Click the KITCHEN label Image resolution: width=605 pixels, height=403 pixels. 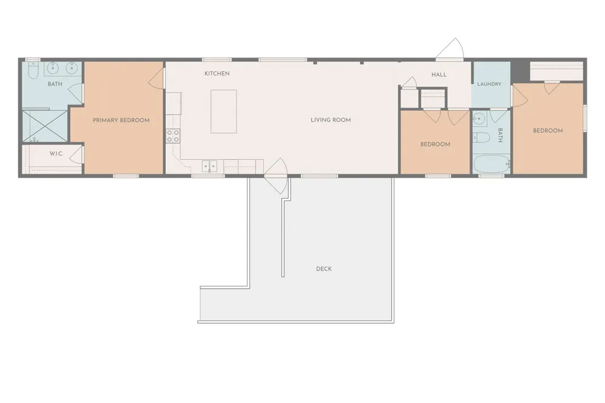[x=217, y=73]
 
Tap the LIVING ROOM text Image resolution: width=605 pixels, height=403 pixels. [x=331, y=120]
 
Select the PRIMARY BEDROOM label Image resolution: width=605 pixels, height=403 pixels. [x=121, y=120]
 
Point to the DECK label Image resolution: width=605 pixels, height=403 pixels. [x=324, y=269]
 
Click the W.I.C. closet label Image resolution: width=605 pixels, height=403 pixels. [x=56, y=154]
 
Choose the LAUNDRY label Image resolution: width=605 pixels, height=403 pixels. [x=489, y=84]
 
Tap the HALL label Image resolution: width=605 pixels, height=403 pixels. [x=439, y=75]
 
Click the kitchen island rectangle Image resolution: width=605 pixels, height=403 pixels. [x=223, y=111]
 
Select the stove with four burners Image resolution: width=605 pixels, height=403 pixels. [x=173, y=136]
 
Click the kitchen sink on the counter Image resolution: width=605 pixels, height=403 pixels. [x=209, y=166]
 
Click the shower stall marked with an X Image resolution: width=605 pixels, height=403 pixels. [x=45, y=126]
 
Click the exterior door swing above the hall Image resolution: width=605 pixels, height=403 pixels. [x=450, y=49]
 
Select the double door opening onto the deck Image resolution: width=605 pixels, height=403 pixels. [x=275, y=176]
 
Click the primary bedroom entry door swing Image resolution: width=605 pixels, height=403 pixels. [x=156, y=80]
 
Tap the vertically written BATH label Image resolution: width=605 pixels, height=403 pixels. [x=500, y=135]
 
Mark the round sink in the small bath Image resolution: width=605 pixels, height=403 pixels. [x=479, y=118]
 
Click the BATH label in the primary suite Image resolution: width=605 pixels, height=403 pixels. [x=55, y=84]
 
